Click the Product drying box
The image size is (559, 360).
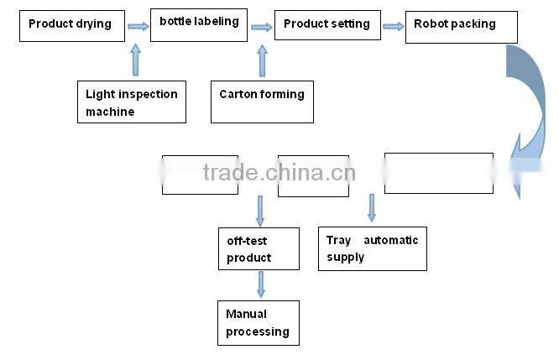pyautogui.click(x=72, y=25)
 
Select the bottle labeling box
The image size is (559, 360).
pyautogui.click(x=200, y=23)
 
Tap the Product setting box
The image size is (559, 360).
pyautogui.click(x=327, y=25)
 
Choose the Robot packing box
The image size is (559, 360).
pyautogui.click(x=461, y=27)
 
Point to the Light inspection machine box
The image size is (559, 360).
pyautogui.click(x=131, y=102)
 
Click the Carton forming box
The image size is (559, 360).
pyautogui.click(x=262, y=102)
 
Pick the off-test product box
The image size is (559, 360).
pyautogui.click(x=259, y=248)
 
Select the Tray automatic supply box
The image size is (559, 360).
pyautogui.click(x=372, y=248)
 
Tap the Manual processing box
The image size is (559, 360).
pyautogui.click(x=259, y=322)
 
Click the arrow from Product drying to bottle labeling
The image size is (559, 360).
pyautogui.click(x=138, y=26)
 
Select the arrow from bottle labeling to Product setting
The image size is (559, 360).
pyautogui.click(x=262, y=27)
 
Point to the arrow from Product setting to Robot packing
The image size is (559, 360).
pyautogui.click(x=393, y=27)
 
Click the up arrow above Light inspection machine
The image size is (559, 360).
pyautogui.click(x=136, y=60)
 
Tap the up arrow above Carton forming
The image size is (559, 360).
pyautogui.click(x=262, y=60)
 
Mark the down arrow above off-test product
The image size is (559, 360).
pyautogui.click(x=260, y=211)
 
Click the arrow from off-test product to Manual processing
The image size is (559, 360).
pyautogui.click(x=261, y=284)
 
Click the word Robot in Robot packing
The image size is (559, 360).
pyautogui.click(x=431, y=24)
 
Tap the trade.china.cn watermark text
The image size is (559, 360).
pyautogui.click(x=279, y=174)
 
